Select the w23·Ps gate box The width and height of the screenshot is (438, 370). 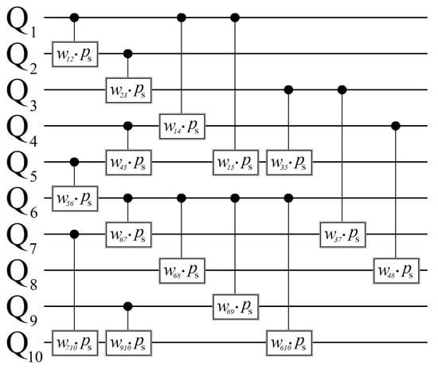click(x=128, y=89)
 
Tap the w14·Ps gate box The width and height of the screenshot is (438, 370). click(x=182, y=125)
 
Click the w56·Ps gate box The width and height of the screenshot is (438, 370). click(x=74, y=197)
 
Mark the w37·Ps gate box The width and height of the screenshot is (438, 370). click(x=342, y=234)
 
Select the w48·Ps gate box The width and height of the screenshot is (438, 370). click(x=397, y=270)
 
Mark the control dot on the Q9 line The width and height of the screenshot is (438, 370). click(x=128, y=305)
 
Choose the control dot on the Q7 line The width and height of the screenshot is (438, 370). click(x=74, y=234)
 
